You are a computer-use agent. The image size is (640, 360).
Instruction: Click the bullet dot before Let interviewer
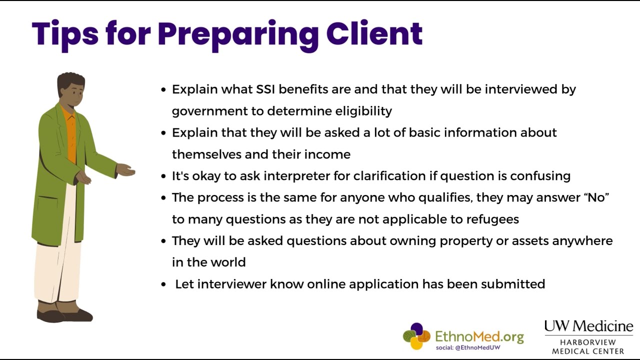[163, 284]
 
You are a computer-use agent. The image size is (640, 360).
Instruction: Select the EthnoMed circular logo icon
[416, 336]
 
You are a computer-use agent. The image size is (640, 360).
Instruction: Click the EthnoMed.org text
[479, 336]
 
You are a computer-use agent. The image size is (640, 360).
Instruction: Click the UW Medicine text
[588, 326]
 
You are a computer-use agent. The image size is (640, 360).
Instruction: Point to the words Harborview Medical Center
[588, 346]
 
